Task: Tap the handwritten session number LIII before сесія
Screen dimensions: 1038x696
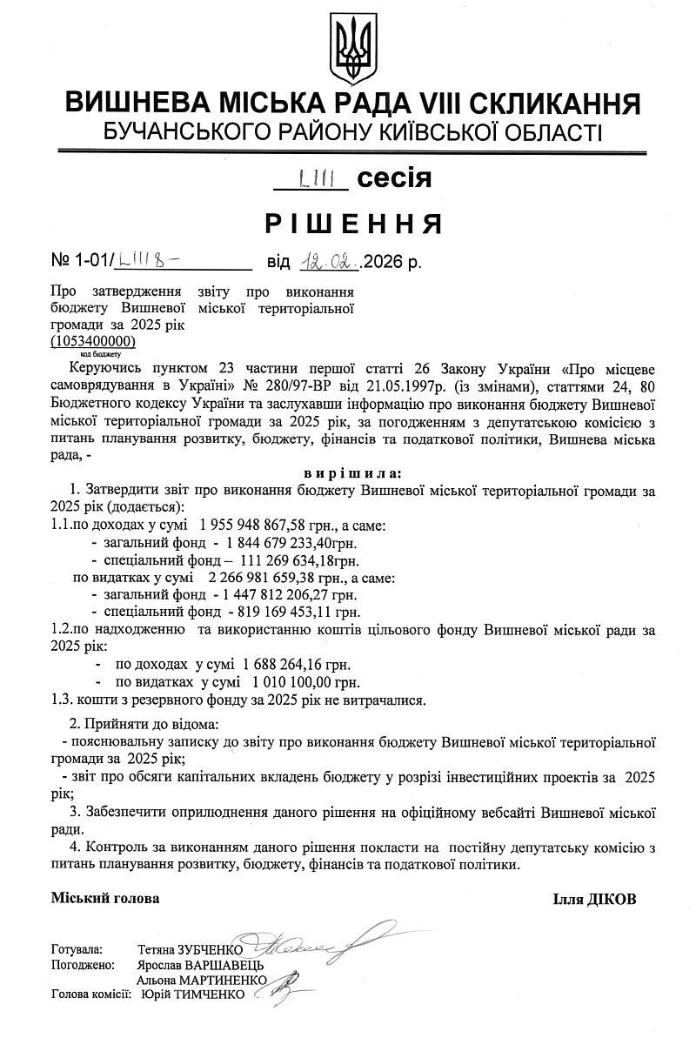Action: (311, 180)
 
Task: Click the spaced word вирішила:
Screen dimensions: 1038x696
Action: (353, 474)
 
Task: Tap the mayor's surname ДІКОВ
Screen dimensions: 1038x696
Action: (611, 899)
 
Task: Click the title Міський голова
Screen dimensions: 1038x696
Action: (105, 897)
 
